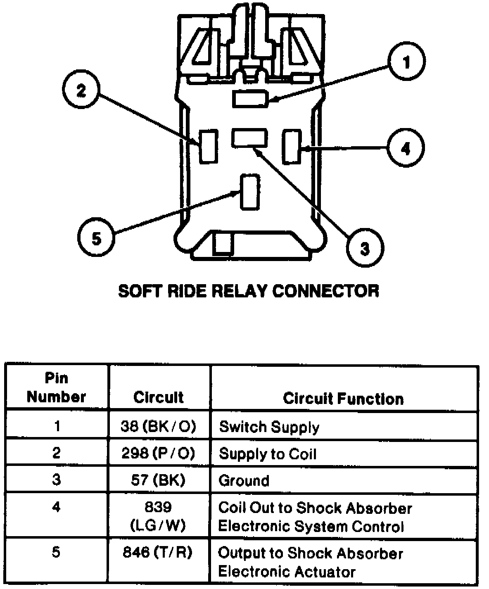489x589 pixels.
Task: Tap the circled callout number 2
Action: (x=81, y=90)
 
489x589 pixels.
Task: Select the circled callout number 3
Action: (x=365, y=249)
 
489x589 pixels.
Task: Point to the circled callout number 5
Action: (x=96, y=238)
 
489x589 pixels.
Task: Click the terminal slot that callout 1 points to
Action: (x=250, y=99)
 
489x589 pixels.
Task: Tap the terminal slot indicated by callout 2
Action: (x=209, y=146)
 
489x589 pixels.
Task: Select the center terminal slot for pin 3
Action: (x=249, y=138)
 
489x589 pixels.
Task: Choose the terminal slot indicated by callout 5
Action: (x=250, y=191)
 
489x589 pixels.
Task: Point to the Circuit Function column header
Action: (x=343, y=399)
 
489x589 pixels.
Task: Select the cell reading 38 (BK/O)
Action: (x=158, y=426)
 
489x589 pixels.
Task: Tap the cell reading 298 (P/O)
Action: (x=158, y=454)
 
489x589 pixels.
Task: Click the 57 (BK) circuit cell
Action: (x=158, y=480)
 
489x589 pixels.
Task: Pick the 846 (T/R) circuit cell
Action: (x=158, y=552)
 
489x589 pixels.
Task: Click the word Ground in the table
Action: (x=244, y=480)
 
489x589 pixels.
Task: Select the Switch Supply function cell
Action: (x=269, y=427)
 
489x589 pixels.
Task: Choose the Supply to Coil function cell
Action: (x=267, y=454)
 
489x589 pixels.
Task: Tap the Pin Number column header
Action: (x=56, y=387)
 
